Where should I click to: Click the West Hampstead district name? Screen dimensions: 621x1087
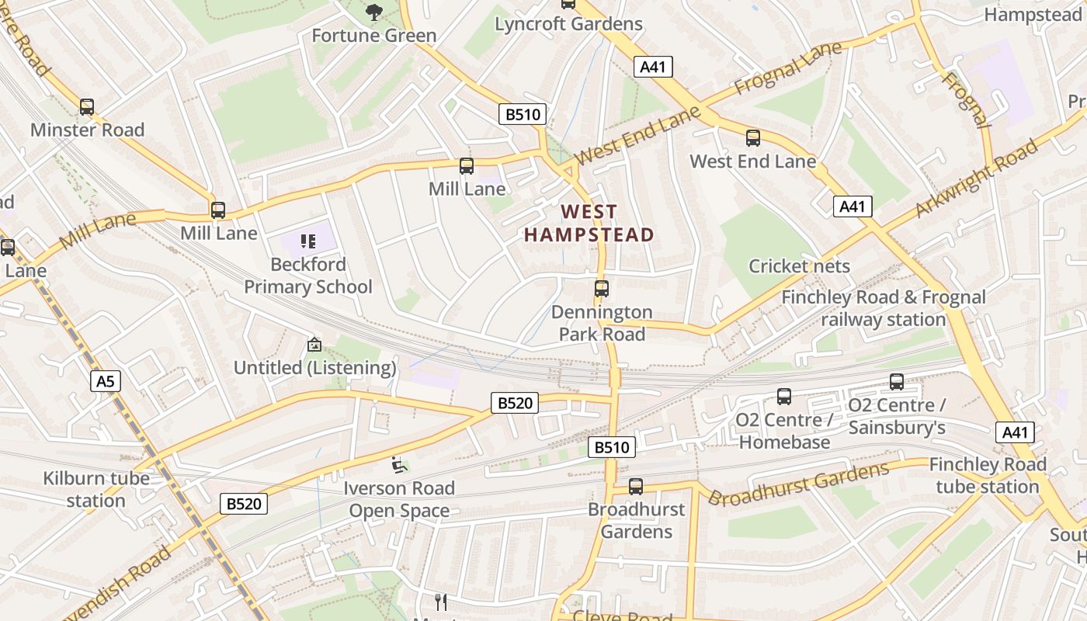[x=589, y=223]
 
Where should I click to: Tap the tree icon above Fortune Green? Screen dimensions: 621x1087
[x=374, y=12]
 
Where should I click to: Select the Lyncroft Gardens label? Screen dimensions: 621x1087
[x=569, y=24]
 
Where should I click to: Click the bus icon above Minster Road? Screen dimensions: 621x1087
[x=87, y=107]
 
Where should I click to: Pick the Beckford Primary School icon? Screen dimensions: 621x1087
[x=308, y=241]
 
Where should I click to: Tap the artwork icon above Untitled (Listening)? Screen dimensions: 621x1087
[x=314, y=344]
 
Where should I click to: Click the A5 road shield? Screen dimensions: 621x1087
[x=106, y=381]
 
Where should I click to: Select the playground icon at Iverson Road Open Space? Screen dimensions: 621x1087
[x=399, y=465]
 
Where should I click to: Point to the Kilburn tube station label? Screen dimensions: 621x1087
[x=96, y=489]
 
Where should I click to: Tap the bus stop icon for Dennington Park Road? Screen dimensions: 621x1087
[x=602, y=289]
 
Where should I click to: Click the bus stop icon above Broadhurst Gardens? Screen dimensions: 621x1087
[x=636, y=487]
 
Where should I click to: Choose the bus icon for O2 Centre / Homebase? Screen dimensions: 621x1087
[x=784, y=397]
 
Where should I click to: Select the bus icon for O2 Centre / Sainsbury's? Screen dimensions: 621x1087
[x=897, y=382]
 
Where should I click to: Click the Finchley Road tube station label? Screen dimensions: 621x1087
[x=988, y=475]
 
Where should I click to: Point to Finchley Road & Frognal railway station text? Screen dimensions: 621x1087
[x=884, y=308]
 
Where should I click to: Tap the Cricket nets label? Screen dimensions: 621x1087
[x=799, y=266]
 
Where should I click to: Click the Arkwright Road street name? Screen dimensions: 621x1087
[x=976, y=179]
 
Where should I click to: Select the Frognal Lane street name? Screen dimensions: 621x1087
[x=787, y=70]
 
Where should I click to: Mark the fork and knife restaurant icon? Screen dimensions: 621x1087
[x=441, y=601]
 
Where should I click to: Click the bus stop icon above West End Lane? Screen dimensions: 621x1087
[x=753, y=138]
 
